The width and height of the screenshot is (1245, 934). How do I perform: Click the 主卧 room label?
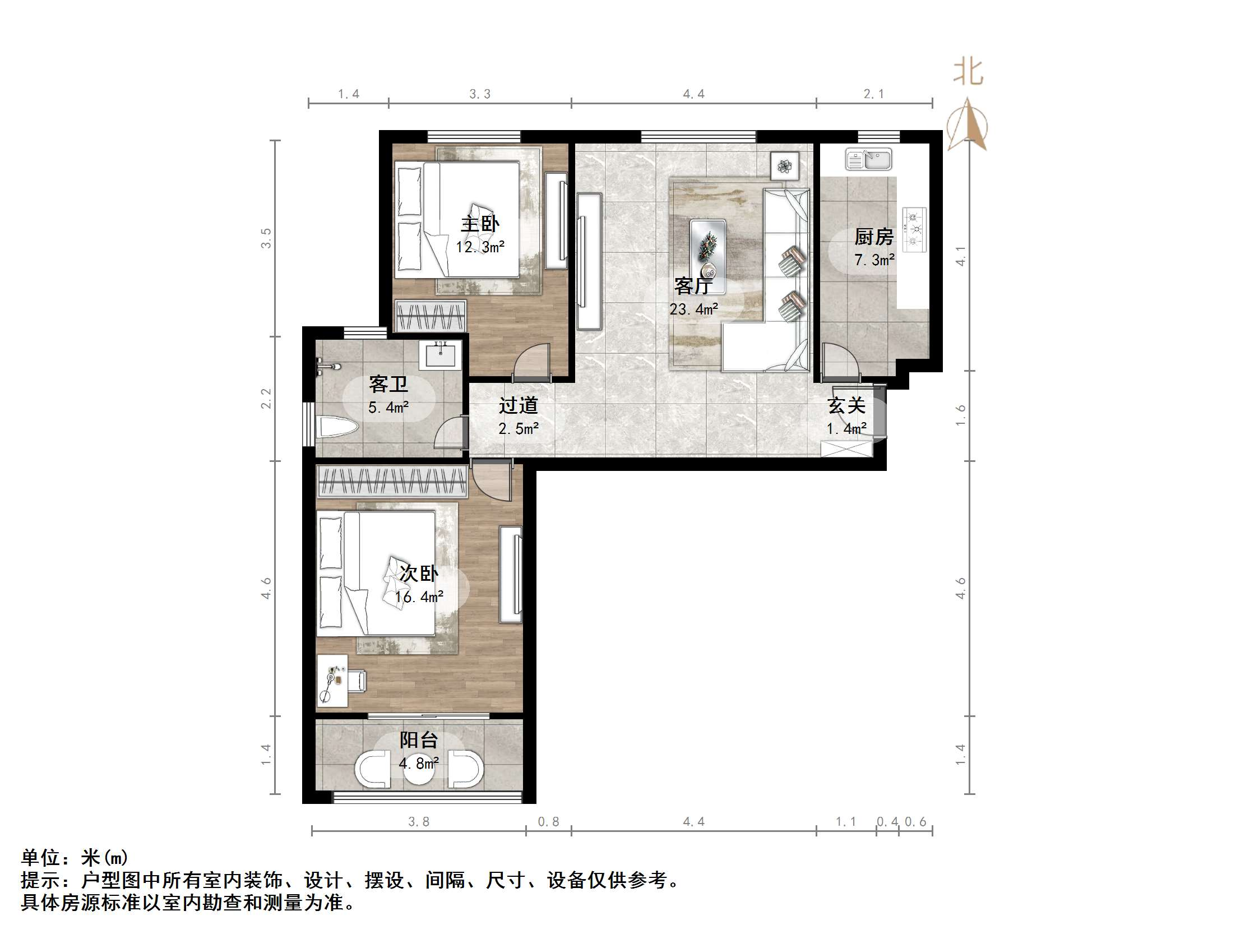[x=480, y=224]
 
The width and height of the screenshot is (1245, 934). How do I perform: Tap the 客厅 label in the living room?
[x=693, y=286]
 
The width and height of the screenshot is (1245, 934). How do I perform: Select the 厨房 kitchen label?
[x=874, y=237]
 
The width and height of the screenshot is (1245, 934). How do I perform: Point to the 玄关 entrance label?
[x=846, y=405]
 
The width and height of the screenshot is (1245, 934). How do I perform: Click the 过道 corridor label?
[x=519, y=405]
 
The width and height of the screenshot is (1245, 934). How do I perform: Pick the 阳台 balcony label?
[x=419, y=740]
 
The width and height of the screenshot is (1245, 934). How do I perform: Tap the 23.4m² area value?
[x=694, y=309]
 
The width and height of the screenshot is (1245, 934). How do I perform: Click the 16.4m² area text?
[x=419, y=597]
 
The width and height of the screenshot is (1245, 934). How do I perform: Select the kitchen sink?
[x=868, y=159]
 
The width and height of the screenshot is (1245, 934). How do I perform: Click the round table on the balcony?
[x=419, y=769]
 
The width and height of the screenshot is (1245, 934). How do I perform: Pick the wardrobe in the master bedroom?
[x=431, y=316]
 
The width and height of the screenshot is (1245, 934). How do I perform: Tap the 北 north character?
[x=969, y=72]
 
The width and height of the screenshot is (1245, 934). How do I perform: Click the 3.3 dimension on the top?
[x=480, y=94]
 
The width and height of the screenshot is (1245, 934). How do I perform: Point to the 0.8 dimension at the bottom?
[x=549, y=822]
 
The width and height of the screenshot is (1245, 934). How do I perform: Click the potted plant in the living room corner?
[x=785, y=166]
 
